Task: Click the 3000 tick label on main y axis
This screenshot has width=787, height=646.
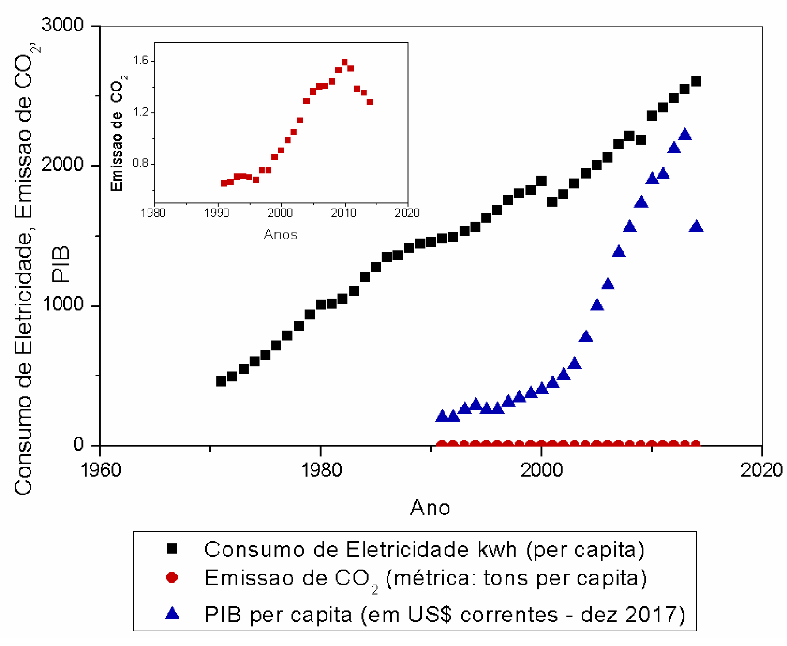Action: (62, 25)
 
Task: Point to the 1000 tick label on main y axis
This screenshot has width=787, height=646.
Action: (62, 304)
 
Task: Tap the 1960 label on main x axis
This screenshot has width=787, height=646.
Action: (100, 470)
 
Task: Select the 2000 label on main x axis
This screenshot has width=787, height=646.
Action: (541, 470)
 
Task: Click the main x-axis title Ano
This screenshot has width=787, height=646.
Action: (430, 508)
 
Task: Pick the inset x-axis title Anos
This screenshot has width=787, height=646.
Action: (280, 235)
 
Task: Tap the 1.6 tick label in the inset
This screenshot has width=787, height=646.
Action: (141, 61)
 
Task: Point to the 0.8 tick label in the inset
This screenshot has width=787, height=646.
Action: (141, 163)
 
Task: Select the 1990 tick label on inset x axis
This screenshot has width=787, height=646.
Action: (217, 213)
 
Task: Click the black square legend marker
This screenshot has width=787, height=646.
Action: (171, 549)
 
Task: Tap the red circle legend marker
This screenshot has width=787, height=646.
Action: (171, 578)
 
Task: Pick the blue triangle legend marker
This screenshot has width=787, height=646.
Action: (172, 613)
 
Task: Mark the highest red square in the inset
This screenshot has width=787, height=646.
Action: (345, 62)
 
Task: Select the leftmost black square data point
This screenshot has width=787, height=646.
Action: (221, 381)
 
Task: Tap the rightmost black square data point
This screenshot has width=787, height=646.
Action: (696, 81)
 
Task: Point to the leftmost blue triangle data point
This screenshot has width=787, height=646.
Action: (441, 416)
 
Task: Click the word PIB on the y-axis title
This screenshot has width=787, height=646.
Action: (61, 264)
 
